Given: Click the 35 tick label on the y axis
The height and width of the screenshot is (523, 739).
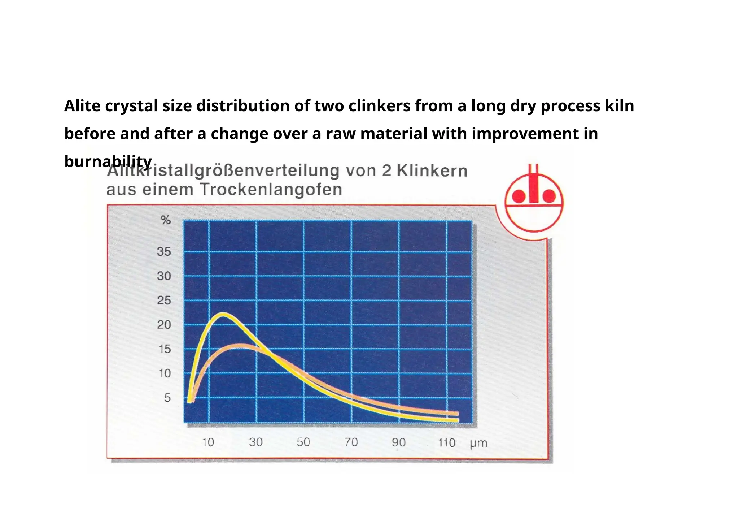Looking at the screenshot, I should point(164,251).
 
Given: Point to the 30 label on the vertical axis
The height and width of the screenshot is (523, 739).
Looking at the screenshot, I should point(164,276).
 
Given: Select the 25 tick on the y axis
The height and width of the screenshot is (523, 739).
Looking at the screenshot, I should point(164,300).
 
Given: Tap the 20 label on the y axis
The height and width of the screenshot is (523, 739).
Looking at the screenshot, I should point(164,325).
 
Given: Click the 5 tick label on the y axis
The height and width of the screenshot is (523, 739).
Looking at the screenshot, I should point(167,398).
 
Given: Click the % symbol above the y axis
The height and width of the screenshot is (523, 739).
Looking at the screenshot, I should point(166,220).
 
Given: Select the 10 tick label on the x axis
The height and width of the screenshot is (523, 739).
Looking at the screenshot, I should point(208,442).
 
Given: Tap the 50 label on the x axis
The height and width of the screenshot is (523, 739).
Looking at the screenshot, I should point(303,442).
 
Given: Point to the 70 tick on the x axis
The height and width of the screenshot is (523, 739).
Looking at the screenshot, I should point(351,442).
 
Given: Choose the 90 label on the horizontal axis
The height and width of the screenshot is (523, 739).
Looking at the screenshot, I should point(398,442).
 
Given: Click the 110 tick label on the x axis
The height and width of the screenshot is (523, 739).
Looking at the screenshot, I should point(446,442).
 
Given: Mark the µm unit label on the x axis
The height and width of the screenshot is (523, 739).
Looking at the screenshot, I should point(478,443).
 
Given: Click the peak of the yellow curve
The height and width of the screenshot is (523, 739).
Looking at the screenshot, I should point(224,314).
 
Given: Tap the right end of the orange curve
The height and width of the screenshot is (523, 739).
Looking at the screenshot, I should point(457,414).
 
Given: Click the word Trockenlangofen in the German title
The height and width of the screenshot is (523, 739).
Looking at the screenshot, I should point(271,190).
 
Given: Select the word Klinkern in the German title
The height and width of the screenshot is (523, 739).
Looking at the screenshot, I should point(432,171).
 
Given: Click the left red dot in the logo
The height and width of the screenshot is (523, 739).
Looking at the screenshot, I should point(519,196).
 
